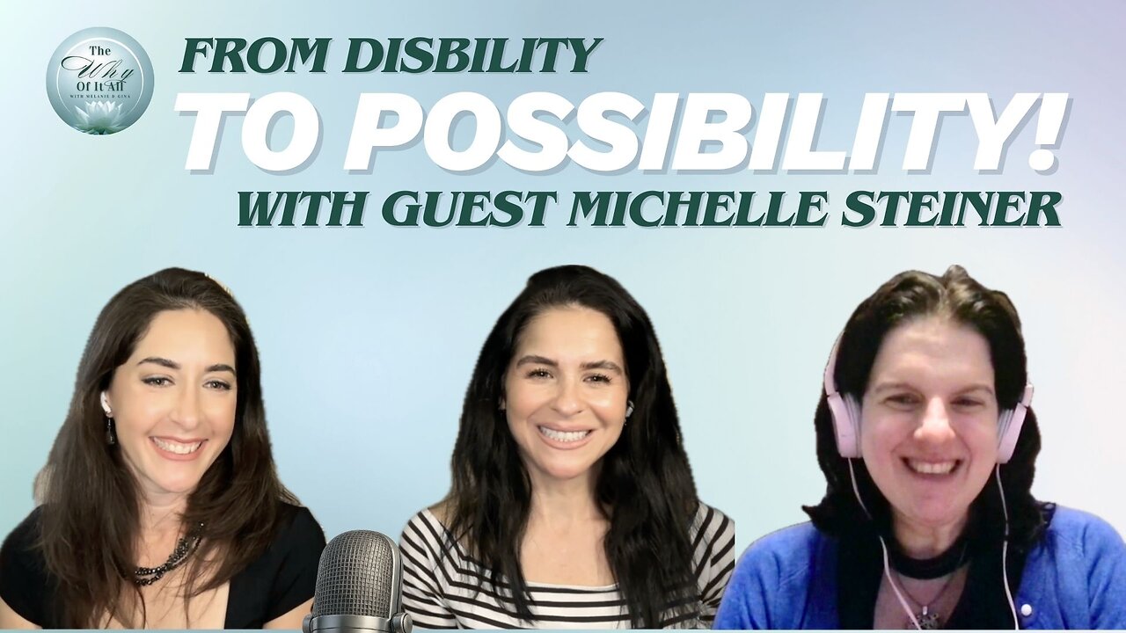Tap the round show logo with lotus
99,81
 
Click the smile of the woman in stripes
565,434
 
